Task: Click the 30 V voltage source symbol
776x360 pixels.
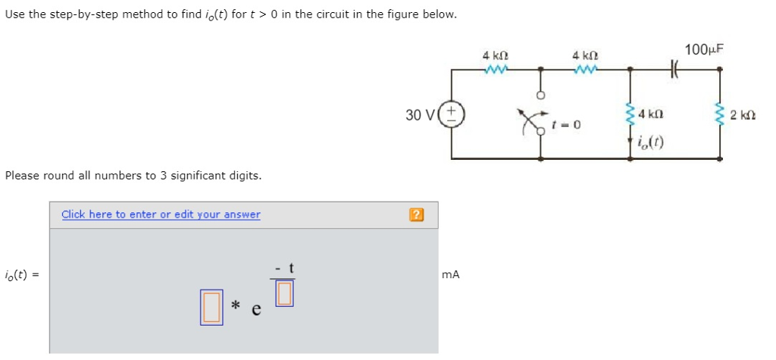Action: [452, 115]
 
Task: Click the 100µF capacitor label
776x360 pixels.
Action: [704, 49]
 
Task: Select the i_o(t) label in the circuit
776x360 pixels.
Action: [651, 142]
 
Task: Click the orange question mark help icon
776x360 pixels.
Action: [415, 215]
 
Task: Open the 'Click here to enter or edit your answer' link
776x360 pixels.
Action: [161, 214]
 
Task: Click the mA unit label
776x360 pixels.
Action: [450, 275]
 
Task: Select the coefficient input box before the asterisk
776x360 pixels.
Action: [211, 307]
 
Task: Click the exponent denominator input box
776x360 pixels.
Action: [284, 293]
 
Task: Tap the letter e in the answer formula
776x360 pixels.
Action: [256, 309]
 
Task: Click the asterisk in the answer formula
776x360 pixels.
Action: [236, 306]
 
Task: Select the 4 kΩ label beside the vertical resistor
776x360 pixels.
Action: [652, 114]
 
